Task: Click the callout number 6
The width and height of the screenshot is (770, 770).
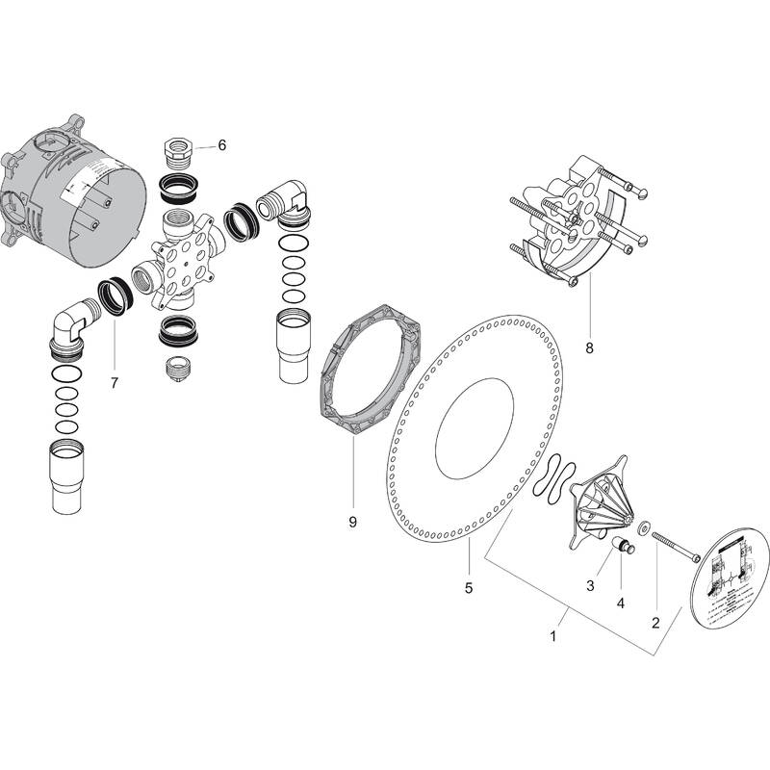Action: pyautogui.click(x=221, y=145)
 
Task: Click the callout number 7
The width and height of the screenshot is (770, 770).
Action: pyautogui.click(x=114, y=383)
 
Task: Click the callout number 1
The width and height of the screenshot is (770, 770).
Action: pyautogui.click(x=553, y=636)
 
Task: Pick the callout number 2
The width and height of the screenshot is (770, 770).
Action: pyautogui.click(x=655, y=623)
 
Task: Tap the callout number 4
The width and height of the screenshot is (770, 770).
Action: pyautogui.click(x=620, y=603)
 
